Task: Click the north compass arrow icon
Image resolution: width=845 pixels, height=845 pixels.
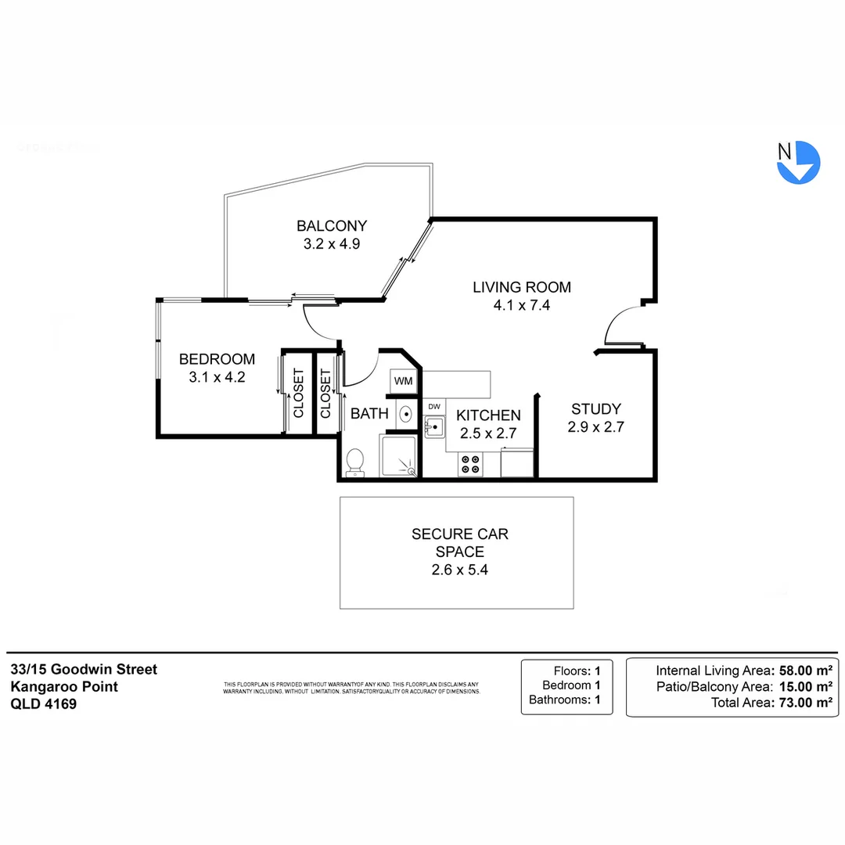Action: pos(798,162)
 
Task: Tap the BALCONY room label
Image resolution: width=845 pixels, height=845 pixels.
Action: pos(331,226)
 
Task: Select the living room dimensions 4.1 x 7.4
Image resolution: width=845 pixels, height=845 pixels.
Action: pos(522,305)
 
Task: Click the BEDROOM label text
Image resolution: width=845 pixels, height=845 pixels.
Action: pos(217,359)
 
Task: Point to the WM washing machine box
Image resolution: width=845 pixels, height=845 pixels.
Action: pos(403,381)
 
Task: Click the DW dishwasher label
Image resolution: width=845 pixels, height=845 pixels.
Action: pos(434,407)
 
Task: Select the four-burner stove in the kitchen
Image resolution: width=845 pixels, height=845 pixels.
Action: pos(470,464)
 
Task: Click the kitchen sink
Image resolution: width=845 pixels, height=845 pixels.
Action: pos(434,427)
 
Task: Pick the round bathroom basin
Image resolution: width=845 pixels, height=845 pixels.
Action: pos(406,414)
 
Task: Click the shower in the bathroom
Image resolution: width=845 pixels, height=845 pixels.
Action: pos(399,456)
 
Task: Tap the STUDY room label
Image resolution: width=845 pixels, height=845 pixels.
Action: pos(595,408)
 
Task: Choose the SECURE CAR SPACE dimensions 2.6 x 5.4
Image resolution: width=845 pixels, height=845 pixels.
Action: pos(459,570)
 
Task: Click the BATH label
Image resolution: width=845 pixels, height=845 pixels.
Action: pos(369,413)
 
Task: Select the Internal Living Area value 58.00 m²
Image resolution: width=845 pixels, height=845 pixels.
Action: pos(802,670)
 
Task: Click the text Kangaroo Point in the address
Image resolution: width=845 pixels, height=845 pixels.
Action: pos(64,686)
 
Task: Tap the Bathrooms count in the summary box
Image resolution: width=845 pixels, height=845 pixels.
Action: pos(597,699)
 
